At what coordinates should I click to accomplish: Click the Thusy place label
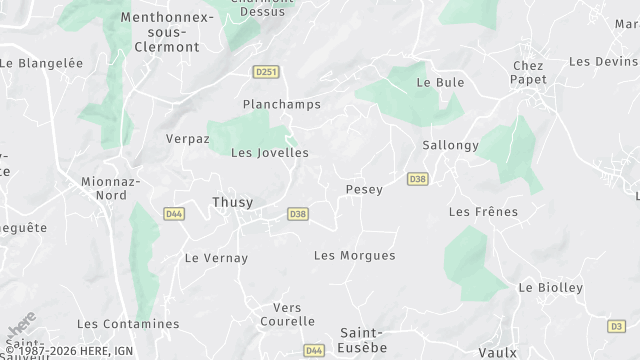232,202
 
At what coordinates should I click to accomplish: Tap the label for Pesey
363,189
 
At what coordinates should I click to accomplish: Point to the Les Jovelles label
270,153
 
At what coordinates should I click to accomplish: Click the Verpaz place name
187,139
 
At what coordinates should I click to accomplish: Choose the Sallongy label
450,145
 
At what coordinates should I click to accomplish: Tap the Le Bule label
440,82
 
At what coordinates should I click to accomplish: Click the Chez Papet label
528,73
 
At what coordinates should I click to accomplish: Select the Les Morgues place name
354,255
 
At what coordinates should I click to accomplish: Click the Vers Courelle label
287,314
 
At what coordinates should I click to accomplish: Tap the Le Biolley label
550,287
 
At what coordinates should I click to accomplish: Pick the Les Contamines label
128,324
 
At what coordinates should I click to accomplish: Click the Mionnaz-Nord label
112,188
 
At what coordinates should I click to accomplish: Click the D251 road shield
265,72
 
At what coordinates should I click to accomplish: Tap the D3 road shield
617,326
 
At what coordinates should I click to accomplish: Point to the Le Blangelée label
41,62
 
